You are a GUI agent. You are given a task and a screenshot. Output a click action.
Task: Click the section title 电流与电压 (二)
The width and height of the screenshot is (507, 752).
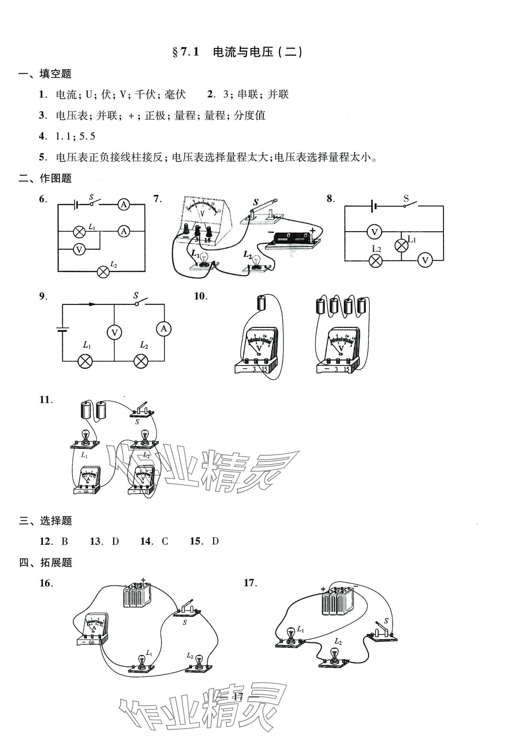[x=237, y=52]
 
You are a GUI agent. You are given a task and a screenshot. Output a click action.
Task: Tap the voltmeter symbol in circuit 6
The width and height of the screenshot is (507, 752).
[x=79, y=249]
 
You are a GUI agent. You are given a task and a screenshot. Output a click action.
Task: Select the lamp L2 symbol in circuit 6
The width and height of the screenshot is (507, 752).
[x=103, y=272]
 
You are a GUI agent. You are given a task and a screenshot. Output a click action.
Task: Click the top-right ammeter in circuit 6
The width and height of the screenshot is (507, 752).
[x=123, y=205]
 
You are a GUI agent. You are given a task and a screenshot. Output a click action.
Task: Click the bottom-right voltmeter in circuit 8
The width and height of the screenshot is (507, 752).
[x=425, y=260]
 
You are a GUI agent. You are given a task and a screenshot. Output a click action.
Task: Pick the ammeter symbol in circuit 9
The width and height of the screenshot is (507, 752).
[x=164, y=329]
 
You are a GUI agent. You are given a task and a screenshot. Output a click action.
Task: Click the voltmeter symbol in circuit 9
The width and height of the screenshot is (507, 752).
[x=114, y=332]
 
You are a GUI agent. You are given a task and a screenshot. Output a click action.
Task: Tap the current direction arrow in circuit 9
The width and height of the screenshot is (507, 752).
[x=92, y=304]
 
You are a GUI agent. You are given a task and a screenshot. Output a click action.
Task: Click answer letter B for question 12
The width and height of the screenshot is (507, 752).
[x=65, y=541]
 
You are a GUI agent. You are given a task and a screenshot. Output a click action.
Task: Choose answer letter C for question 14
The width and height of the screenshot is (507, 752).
[x=165, y=541]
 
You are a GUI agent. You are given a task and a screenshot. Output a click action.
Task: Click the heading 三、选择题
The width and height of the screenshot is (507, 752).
[x=45, y=521]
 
